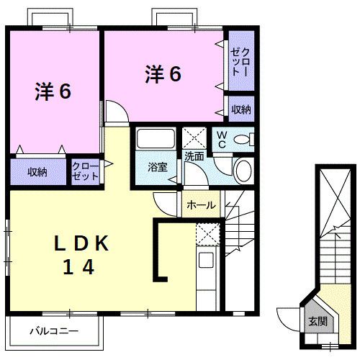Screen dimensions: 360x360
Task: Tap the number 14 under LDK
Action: click(x=79, y=268)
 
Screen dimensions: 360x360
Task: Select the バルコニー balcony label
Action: click(x=53, y=331)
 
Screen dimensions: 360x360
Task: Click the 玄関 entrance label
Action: click(x=317, y=321)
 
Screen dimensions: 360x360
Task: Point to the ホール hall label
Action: click(x=201, y=205)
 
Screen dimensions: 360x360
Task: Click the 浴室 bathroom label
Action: click(x=158, y=167)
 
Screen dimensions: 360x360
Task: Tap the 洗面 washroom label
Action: click(x=194, y=155)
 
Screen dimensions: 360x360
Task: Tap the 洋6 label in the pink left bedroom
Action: click(x=52, y=91)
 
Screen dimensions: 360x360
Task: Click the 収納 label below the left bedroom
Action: click(x=37, y=171)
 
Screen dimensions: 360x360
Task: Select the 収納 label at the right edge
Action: click(x=241, y=109)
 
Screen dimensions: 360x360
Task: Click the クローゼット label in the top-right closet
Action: click(x=240, y=62)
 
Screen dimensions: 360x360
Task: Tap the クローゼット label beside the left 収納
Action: click(x=86, y=171)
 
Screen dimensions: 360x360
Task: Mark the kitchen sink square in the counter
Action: click(x=206, y=261)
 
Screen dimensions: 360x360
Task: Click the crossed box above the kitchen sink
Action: click(x=207, y=234)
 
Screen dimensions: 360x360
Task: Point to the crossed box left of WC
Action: click(x=194, y=137)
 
